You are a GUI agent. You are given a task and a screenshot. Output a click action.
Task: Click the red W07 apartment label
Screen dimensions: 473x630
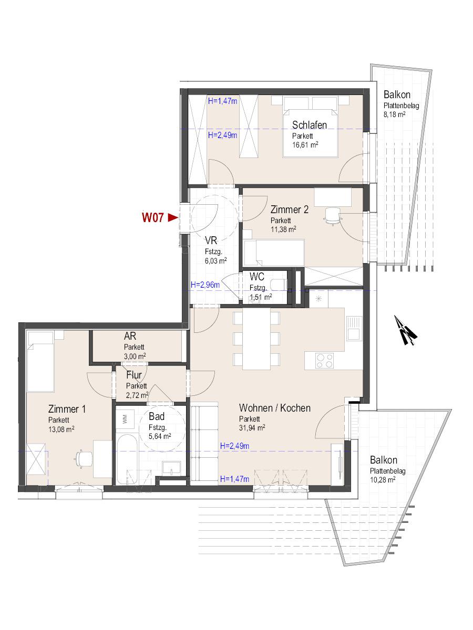click(152, 217)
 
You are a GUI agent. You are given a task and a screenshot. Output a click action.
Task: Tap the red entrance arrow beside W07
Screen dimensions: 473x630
click(173, 217)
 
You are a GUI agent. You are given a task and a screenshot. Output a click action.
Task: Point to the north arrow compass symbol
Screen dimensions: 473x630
click(405, 330)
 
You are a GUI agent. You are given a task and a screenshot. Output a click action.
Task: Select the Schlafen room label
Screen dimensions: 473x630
click(310, 125)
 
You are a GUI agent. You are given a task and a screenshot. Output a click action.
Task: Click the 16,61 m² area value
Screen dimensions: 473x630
click(305, 145)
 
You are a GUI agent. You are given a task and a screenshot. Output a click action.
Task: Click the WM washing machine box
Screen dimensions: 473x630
click(125, 419)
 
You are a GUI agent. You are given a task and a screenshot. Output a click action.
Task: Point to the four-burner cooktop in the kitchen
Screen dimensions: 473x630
click(324, 361)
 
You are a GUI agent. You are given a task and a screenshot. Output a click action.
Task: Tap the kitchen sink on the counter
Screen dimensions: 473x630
click(353, 328)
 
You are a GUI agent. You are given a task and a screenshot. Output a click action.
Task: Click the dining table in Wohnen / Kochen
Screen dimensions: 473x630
click(256, 339)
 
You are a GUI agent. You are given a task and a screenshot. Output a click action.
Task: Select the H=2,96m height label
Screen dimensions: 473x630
click(205, 285)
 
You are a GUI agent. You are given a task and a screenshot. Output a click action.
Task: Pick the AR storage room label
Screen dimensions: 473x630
click(130, 336)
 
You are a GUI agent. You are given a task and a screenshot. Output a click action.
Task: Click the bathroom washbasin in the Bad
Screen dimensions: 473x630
click(171, 468)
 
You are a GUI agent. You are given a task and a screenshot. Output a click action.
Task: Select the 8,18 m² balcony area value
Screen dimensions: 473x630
click(395, 114)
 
